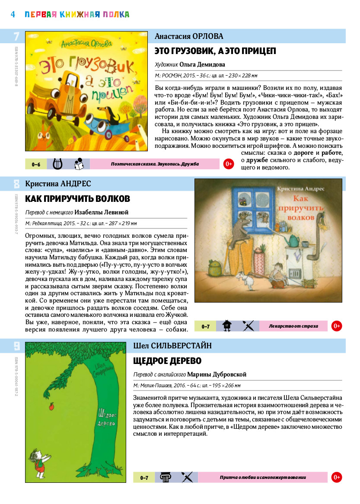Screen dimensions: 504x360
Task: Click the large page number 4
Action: click(13, 14)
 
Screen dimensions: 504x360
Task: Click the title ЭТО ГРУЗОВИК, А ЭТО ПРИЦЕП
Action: click(215, 51)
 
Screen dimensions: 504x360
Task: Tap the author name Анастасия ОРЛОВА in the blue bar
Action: click(189, 36)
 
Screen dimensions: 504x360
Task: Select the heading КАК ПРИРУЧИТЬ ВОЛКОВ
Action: click(78, 199)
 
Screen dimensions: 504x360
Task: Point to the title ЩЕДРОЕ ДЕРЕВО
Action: click(168, 361)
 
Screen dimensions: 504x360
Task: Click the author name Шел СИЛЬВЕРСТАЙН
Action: click(172, 345)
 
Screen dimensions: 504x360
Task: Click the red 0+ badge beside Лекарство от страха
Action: click(337, 326)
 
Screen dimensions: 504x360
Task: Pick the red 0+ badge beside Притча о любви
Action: click(337, 477)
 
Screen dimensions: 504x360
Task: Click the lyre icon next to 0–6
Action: click(57, 164)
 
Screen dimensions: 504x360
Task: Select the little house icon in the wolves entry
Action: click(227, 326)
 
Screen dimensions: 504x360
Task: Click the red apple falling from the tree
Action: click(52, 406)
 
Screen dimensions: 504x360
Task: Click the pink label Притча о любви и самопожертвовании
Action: click(263, 477)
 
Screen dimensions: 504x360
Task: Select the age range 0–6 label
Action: click(36, 164)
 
